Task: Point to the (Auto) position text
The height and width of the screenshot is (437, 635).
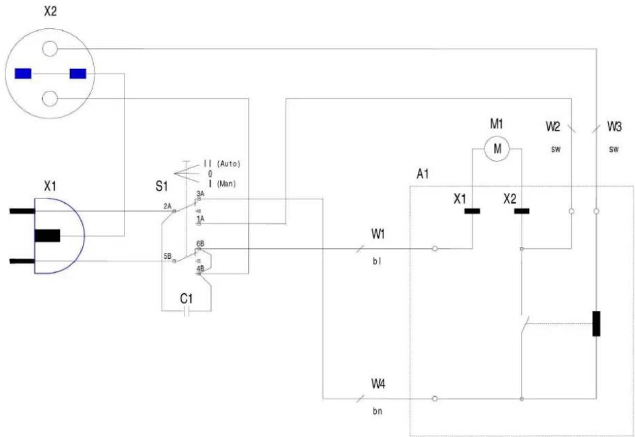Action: click(228, 163)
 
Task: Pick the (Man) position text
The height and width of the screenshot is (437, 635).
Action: click(226, 183)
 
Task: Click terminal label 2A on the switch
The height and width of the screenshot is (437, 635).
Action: click(167, 206)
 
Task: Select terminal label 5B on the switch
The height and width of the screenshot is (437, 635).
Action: click(167, 256)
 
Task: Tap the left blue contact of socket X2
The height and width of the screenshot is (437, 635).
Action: click(23, 74)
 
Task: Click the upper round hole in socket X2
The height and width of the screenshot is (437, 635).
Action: click(50, 48)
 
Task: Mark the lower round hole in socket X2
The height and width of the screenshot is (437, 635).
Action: click(50, 98)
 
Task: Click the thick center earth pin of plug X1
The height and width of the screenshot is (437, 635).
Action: click(47, 236)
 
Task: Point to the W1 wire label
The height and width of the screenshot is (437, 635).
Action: click(378, 234)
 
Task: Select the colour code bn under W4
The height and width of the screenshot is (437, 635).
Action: click(377, 412)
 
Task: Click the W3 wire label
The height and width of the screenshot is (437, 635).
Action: click(614, 126)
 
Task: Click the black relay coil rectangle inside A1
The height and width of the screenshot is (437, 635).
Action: click(596, 324)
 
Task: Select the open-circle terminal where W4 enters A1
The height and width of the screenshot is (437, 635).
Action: click(435, 398)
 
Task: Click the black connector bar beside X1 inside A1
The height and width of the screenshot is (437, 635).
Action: click(472, 211)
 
